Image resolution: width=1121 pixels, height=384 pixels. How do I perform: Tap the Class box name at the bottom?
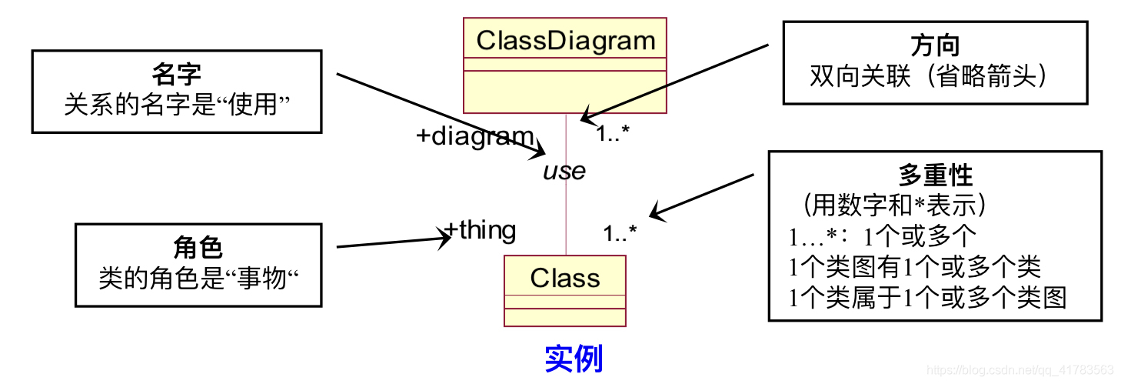coord(565,278)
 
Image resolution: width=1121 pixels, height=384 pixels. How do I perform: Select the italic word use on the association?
coord(564,171)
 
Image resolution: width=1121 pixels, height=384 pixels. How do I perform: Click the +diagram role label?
coord(474,136)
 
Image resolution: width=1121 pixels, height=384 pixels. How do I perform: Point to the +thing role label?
coord(481,230)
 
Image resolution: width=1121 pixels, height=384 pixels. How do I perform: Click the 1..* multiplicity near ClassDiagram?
coord(613,133)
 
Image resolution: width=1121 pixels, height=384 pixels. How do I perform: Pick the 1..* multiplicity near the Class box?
coord(620,233)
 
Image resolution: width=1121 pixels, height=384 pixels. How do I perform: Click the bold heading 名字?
coord(176,75)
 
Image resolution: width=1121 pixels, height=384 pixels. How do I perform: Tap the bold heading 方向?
coord(935,45)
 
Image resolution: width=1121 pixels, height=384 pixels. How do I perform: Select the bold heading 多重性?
coord(935,175)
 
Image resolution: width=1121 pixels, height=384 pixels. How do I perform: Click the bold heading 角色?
coord(198,248)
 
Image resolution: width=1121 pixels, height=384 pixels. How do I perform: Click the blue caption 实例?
coord(574,359)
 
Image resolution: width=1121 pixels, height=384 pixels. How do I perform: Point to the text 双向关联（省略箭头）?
coord(935,75)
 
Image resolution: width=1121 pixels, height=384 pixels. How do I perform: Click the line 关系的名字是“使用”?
coord(176,104)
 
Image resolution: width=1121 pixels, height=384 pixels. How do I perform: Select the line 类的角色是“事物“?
coord(198,278)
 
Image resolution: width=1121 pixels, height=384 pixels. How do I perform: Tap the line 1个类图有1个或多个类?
coord(915,266)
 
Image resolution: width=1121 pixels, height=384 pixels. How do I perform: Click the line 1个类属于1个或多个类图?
coord(928,296)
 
